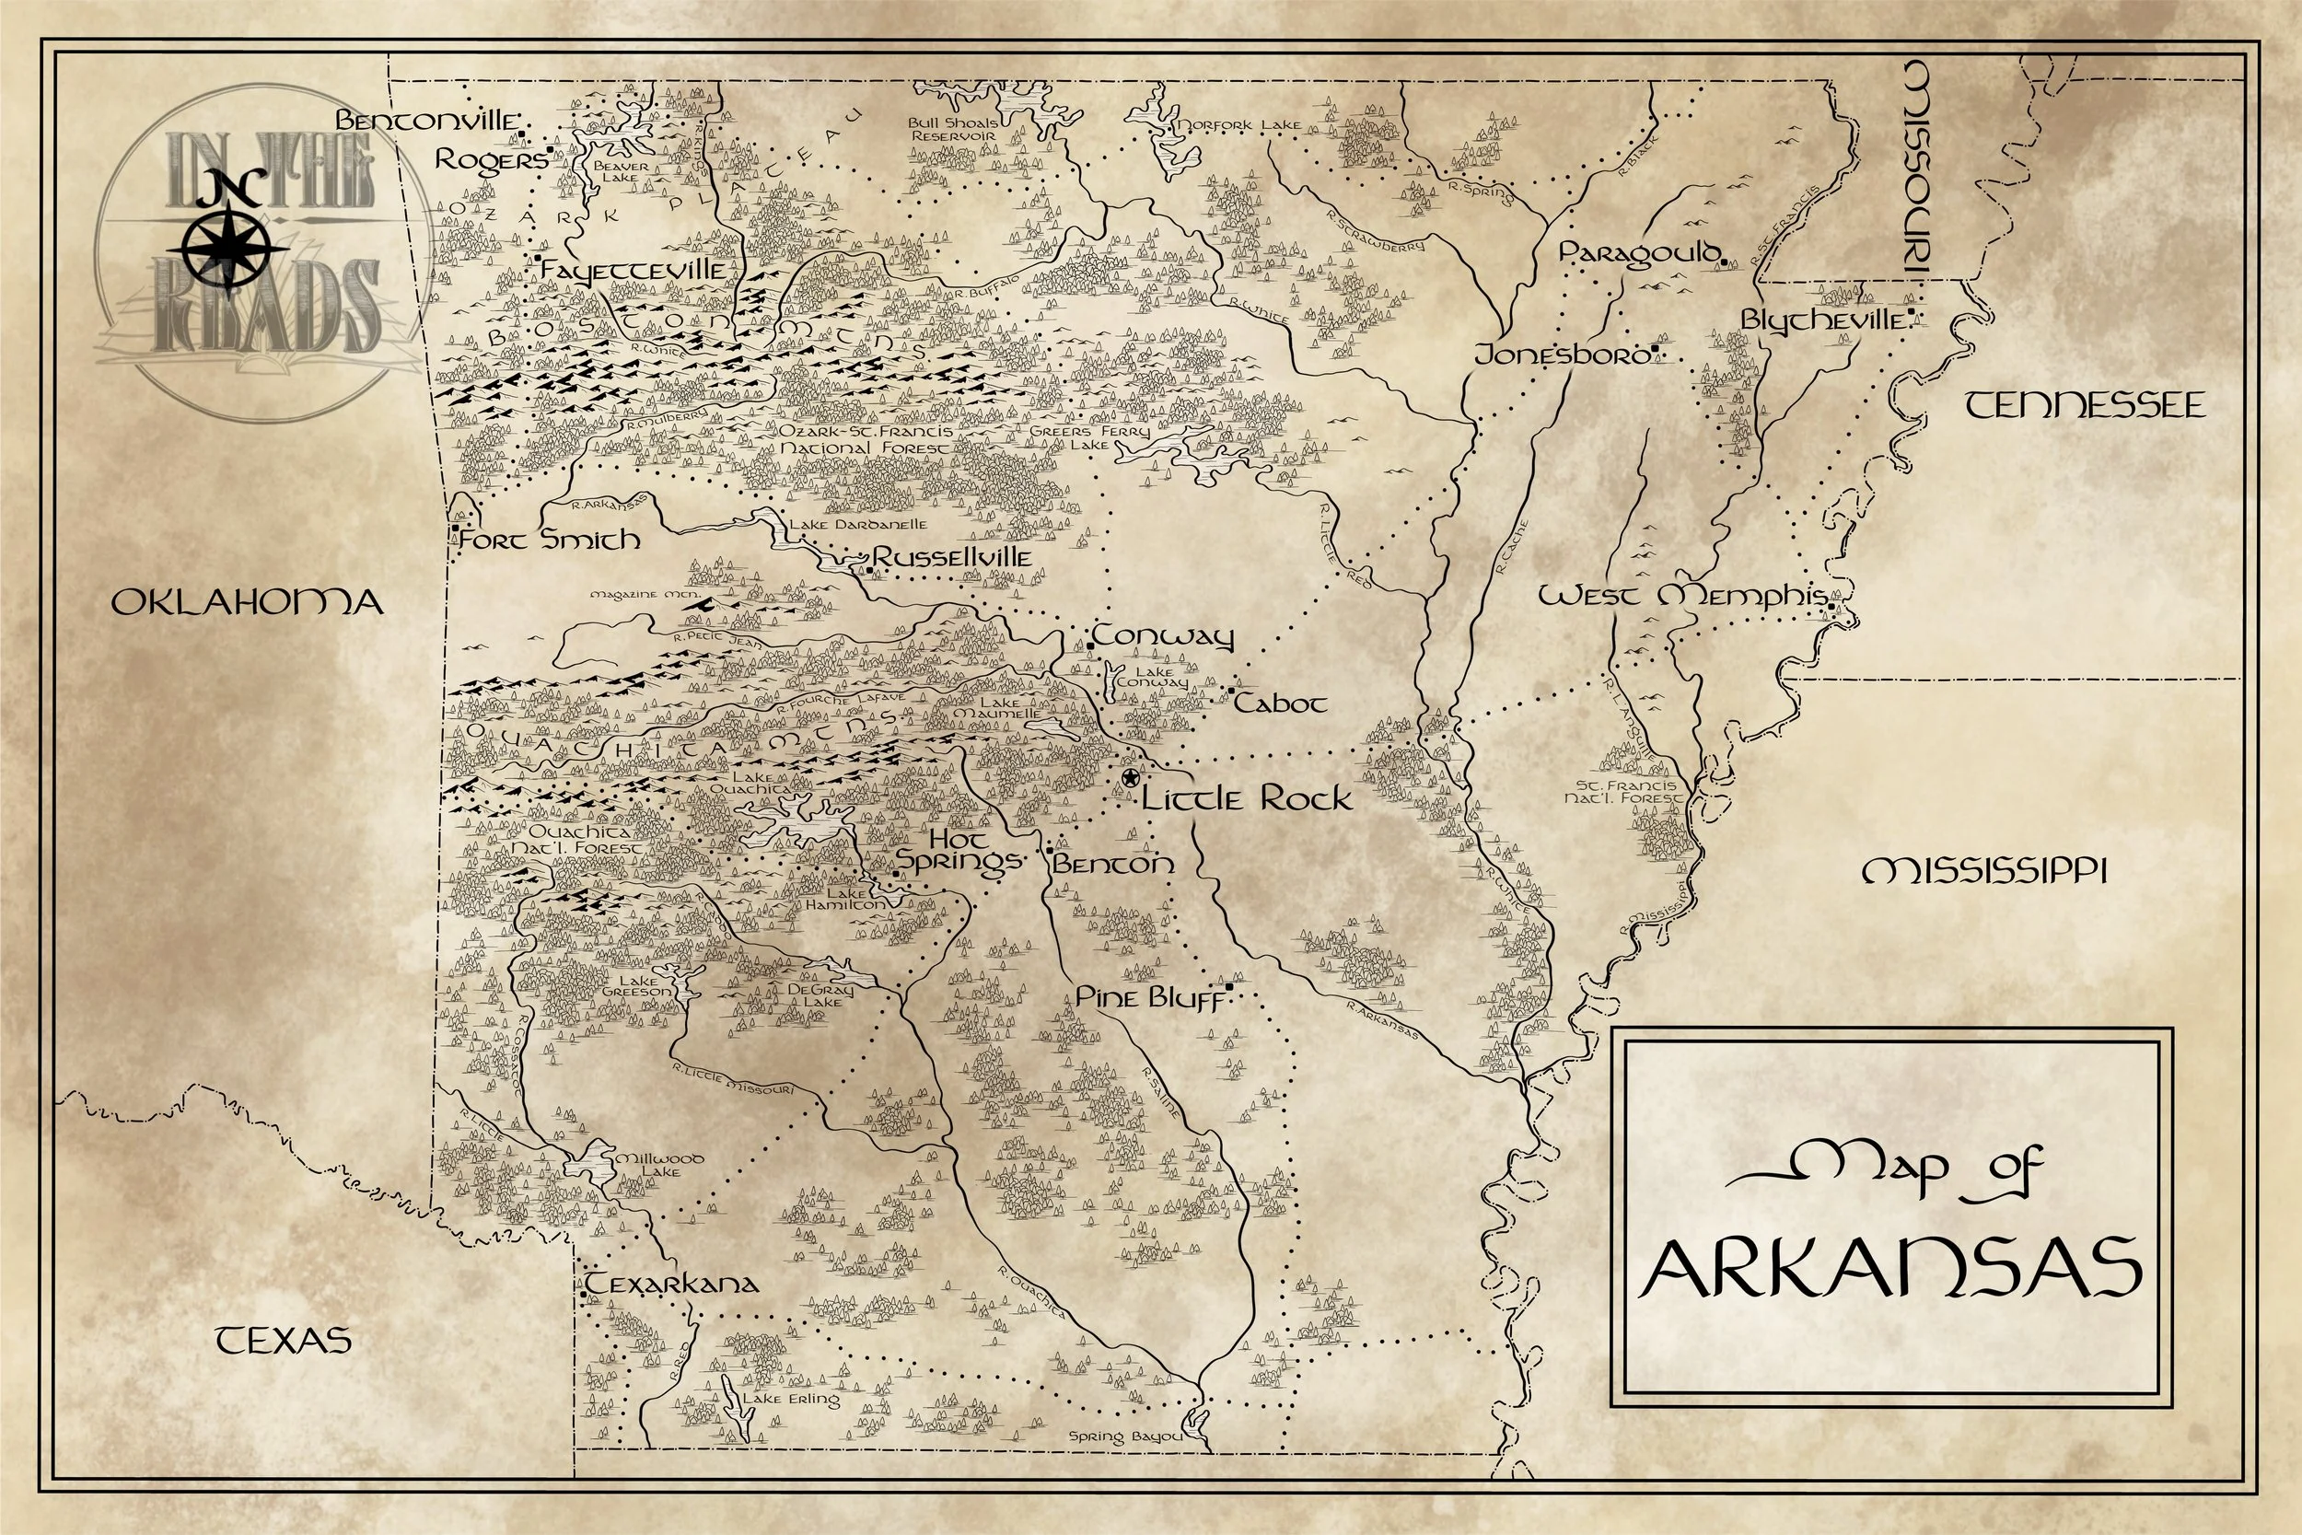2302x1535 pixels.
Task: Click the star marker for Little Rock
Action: coord(1131,778)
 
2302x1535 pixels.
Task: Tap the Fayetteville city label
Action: coord(634,270)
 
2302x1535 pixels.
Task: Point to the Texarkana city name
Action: coord(672,1284)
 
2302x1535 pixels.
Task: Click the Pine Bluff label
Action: coord(1149,997)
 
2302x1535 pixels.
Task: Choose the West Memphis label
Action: coord(1681,596)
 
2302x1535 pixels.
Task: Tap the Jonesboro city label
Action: coord(1562,355)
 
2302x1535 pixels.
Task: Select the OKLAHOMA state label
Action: coord(247,602)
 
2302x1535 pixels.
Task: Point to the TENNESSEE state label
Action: coord(2086,405)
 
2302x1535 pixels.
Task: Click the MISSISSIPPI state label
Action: coord(1984,870)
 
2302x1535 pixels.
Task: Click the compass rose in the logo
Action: coord(228,246)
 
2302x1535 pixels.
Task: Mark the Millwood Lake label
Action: coord(657,1165)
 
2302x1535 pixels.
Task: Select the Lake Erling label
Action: coord(791,1399)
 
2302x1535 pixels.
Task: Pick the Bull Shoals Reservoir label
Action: coord(952,129)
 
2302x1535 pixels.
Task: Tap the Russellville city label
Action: coord(952,558)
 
